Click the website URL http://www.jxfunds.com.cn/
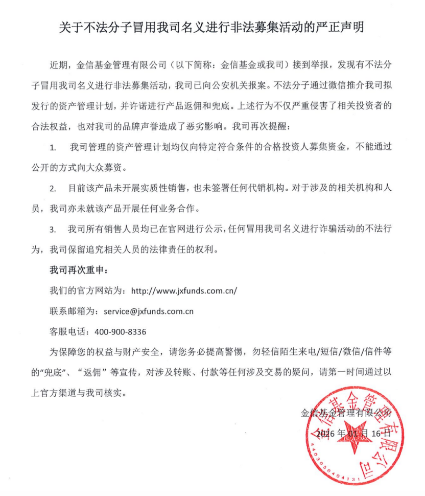[184, 290]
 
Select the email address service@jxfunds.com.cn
[148, 310]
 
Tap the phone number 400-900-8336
[121, 331]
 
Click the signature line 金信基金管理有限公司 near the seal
[346, 413]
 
